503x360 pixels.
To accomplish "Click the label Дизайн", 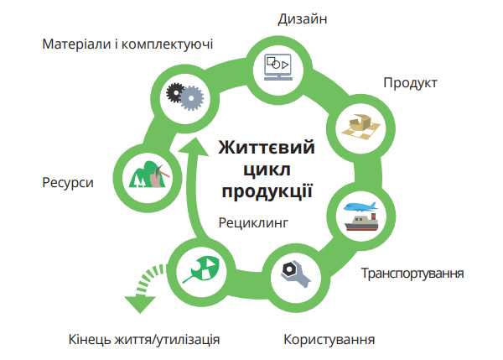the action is pyautogui.click(x=302, y=19).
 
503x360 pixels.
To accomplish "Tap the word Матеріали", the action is pyautogui.click(x=76, y=44).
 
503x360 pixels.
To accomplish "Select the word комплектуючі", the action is pyautogui.click(x=167, y=44).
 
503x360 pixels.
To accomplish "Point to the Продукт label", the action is pyautogui.click(x=410, y=84).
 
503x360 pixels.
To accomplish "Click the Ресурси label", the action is pyautogui.click(x=68, y=183).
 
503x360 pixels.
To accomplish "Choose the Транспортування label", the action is pyautogui.click(x=412, y=274).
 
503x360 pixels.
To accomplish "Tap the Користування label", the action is pyautogui.click(x=329, y=340).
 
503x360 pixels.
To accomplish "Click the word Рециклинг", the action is pyautogui.click(x=253, y=223).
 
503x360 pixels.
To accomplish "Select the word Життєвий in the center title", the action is pyautogui.click(x=267, y=148).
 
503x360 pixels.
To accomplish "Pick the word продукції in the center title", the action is pyautogui.click(x=267, y=191).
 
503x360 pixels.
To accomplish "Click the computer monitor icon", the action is pyautogui.click(x=278, y=67).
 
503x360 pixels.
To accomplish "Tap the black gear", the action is pyautogui.click(x=175, y=92).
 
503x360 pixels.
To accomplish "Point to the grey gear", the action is pyautogui.click(x=191, y=98).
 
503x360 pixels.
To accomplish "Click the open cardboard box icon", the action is pyautogui.click(x=360, y=128).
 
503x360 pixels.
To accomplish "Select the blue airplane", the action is pyautogui.click(x=360, y=206).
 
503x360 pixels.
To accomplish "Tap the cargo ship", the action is pyautogui.click(x=361, y=222).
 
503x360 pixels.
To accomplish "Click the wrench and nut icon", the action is pyautogui.click(x=295, y=274).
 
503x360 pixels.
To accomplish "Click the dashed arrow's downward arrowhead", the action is pyautogui.click(x=140, y=304).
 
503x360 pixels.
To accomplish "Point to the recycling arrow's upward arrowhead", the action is pyautogui.click(x=194, y=148).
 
